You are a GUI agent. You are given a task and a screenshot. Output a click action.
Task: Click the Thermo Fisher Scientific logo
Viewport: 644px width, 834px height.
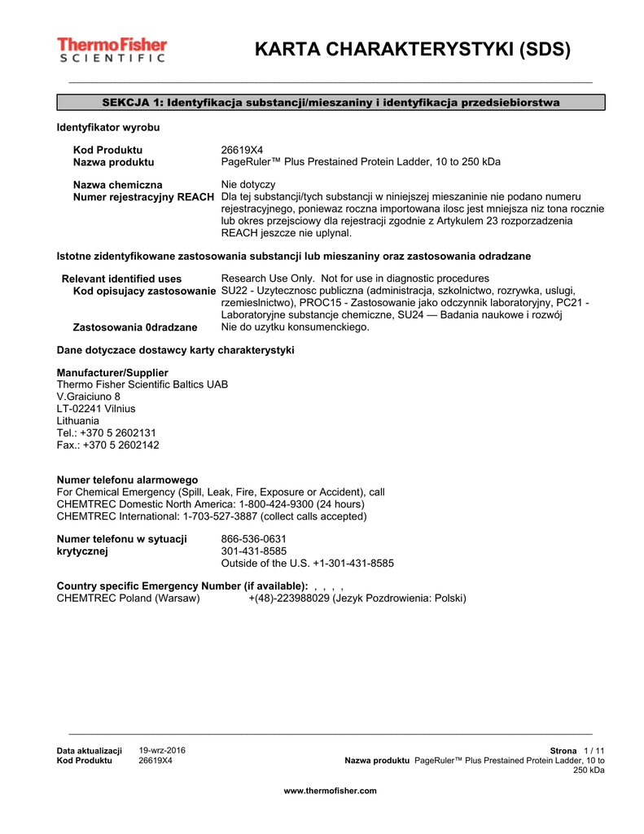pyautogui.click(x=112, y=50)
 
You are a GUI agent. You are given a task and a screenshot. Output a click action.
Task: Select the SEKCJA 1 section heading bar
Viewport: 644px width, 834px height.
pyautogui.click(x=331, y=103)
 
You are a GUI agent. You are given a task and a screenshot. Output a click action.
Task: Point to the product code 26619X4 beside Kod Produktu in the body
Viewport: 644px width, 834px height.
pyautogui.click(x=243, y=150)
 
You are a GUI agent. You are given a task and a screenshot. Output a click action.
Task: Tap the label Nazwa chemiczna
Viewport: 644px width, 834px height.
pyautogui.click(x=117, y=185)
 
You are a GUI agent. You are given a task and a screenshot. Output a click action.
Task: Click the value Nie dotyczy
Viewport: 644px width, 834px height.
pyautogui.click(x=248, y=185)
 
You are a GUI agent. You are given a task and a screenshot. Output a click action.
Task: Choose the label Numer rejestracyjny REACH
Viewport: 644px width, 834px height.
pyautogui.click(x=144, y=197)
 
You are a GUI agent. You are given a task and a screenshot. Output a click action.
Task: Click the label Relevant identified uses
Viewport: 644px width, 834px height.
pyautogui.click(x=122, y=279)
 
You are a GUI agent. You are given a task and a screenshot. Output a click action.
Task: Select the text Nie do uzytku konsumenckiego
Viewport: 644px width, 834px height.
pyautogui.click(x=295, y=327)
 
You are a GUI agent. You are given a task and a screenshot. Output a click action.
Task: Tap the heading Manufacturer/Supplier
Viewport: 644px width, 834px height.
pyautogui.click(x=112, y=372)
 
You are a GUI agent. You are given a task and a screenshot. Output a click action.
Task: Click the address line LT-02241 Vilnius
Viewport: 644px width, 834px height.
pyautogui.click(x=96, y=409)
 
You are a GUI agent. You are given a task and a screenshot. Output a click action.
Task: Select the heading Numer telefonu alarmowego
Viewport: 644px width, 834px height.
pyautogui.click(x=127, y=480)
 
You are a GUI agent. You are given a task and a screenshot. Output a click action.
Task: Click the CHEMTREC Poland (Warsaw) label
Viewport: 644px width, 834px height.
pyautogui.click(x=128, y=599)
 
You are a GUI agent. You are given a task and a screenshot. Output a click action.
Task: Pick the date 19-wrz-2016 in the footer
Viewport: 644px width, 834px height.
pyautogui.click(x=162, y=750)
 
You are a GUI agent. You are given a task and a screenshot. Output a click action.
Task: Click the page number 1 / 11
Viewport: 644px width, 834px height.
pyautogui.click(x=594, y=750)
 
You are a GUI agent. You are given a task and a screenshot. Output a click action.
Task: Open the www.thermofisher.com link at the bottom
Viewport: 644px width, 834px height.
pyautogui.click(x=330, y=791)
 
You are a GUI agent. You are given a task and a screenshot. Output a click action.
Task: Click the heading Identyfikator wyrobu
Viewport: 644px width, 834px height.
pyautogui.click(x=108, y=129)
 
